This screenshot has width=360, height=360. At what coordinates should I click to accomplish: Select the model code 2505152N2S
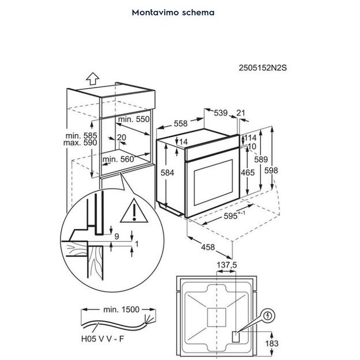tap(262, 67)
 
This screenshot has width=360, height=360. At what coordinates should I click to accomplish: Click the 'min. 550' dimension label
tap(133, 119)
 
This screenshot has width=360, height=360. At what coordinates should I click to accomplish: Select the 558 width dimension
tap(180, 123)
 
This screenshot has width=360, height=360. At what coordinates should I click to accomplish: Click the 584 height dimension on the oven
tap(168, 172)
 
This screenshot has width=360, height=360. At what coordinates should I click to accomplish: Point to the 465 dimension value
tap(247, 172)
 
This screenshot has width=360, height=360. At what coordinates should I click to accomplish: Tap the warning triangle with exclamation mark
tap(133, 212)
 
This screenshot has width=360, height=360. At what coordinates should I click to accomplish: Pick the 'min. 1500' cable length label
tap(121, 309)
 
